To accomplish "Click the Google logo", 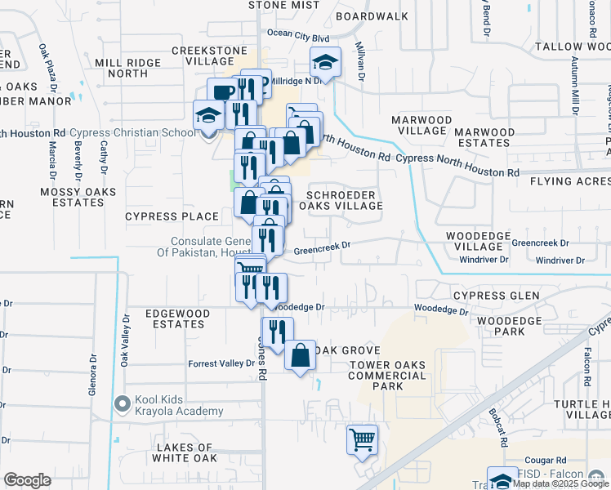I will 28,481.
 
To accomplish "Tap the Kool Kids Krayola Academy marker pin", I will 123,403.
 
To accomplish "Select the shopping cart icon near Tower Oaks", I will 362,439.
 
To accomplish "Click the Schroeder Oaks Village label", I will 344,200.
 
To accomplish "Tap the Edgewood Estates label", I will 174,318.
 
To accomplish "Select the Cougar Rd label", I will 546,461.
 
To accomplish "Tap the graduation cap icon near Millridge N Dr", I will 324,62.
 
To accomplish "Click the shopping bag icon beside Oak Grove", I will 301,355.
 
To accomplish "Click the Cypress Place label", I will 172,216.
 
